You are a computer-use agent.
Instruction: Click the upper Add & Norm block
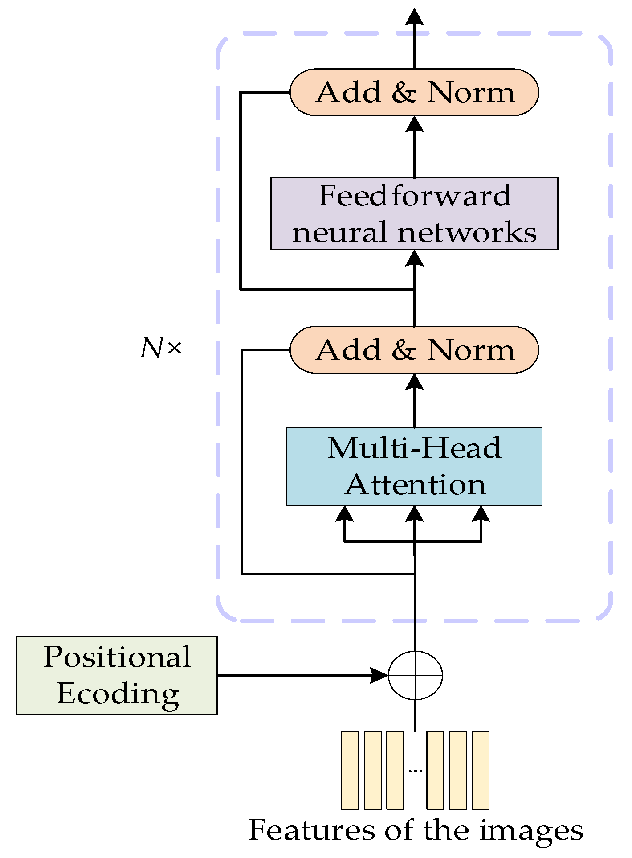tap(414, 92)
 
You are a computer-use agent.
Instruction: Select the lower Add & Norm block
tap(414, 349)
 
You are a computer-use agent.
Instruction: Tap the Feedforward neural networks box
tap(414, 213)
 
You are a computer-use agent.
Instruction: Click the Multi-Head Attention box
tap(414, 466)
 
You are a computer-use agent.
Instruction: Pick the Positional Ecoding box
tap(117, 675)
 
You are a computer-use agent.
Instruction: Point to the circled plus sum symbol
tap(415, 675)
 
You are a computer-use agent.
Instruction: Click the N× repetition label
tap(160, 348)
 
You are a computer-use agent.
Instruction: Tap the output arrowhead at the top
tap(415, 16)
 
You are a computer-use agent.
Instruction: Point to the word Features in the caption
tap(311, 830)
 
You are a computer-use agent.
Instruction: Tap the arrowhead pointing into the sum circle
tap(379, 675)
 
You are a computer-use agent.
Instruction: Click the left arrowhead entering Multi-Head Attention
tap(344, 514)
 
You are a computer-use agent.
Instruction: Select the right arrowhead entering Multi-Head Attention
tap(481, 514)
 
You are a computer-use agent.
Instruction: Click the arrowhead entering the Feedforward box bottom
tap(415, 259)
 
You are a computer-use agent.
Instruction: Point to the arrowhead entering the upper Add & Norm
tap(415, 124)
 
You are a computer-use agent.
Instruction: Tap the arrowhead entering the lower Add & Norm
tap(415, 382)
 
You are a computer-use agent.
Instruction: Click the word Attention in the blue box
tap(415, 485)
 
